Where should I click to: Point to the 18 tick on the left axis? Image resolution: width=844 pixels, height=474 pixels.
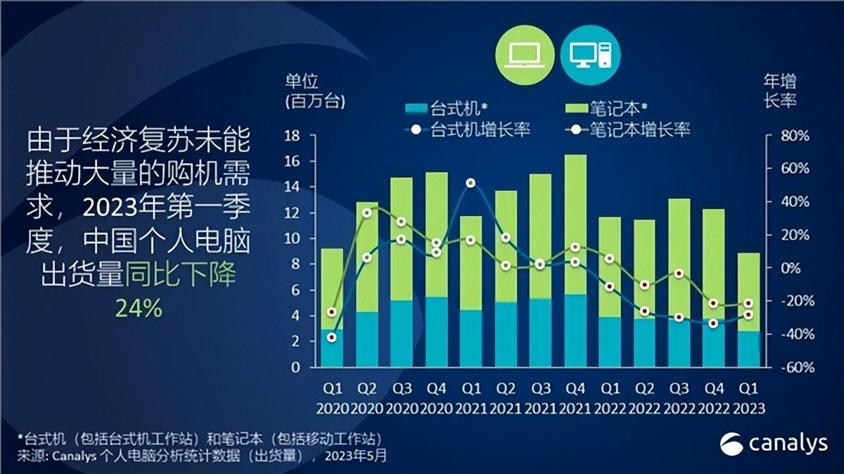(292, 136)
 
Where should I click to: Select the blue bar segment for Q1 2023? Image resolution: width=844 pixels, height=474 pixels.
(749, 349)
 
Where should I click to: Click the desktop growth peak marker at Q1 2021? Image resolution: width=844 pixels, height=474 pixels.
(471, 183)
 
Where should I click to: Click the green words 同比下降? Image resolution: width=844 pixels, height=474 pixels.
(181, 274)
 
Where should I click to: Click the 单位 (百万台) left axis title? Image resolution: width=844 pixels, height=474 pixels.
(314, 90)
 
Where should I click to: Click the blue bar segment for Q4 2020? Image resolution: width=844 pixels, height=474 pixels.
(436, 332)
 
